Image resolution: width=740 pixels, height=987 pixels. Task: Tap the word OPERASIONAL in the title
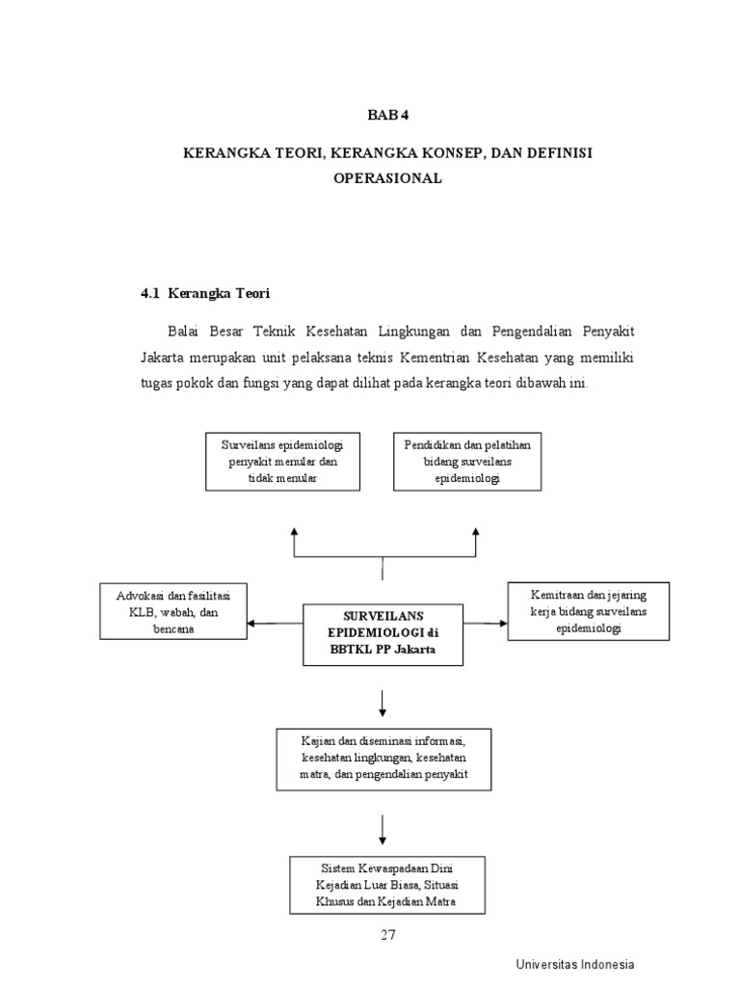coord(386,177)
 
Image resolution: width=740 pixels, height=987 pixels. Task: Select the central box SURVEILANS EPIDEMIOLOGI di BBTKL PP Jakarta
coord(383,633)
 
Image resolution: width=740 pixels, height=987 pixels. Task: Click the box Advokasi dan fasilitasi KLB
coord(173,611)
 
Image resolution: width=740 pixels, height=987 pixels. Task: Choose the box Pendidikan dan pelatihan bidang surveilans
coord(466,462)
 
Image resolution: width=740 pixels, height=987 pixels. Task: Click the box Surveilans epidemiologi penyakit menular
coord(282,462)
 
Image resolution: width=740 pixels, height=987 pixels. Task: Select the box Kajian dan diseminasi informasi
coord(383,758)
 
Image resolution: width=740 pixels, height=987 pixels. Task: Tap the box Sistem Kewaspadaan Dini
coord(385,884)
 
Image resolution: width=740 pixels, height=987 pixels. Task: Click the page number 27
coord(386,934)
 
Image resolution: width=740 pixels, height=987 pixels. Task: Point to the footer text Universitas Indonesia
coord(574,964)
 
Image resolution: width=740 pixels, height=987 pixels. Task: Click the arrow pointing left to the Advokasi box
coord(260,623)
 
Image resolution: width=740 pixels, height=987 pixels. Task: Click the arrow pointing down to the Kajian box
coord(383,704)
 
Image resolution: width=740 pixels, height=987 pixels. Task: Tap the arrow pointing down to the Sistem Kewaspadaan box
coord(383,831)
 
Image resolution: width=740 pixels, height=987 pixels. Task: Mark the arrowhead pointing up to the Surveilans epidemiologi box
coord(294,531)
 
